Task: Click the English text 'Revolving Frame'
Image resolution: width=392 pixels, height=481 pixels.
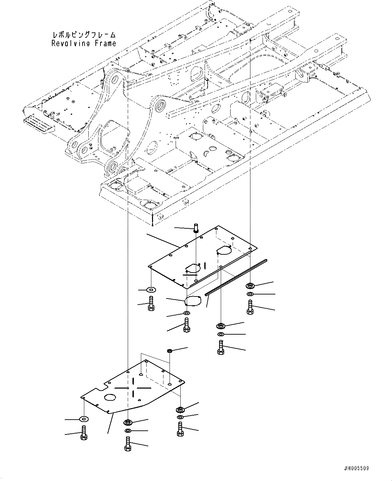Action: coord(84,43)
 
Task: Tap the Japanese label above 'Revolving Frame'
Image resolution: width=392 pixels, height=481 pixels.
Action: coord(84,35)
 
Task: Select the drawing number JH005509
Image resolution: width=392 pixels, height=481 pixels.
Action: coord(356,468)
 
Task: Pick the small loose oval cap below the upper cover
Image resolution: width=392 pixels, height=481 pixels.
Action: coord(193,301)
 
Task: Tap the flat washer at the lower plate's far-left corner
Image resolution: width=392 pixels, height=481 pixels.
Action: coord(83,419)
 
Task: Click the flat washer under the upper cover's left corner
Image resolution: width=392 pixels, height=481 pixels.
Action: coord(151,289)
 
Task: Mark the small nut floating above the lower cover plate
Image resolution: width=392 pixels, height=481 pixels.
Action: coord(170,351)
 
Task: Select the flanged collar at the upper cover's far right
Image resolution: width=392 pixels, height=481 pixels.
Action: coord(250,286)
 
